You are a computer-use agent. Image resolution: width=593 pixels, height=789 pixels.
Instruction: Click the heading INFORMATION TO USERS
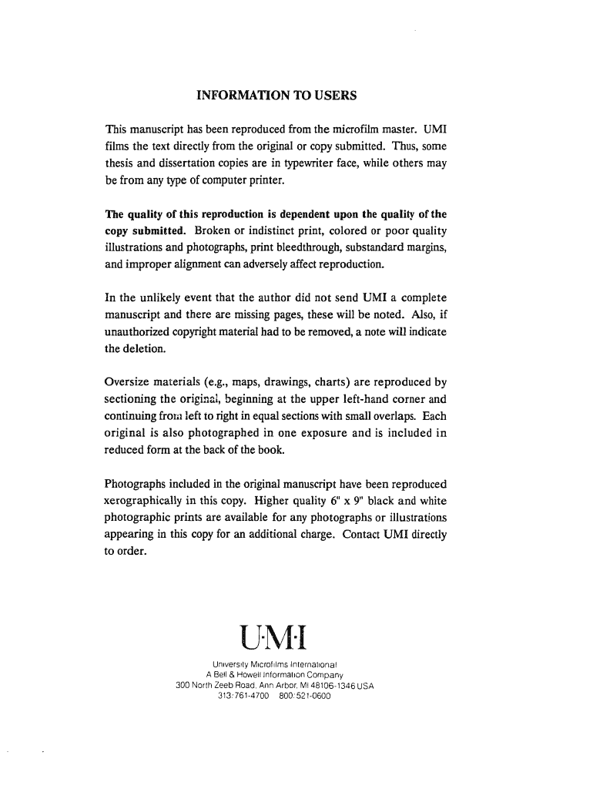276,96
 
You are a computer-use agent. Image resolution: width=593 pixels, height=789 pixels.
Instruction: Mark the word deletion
144,348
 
